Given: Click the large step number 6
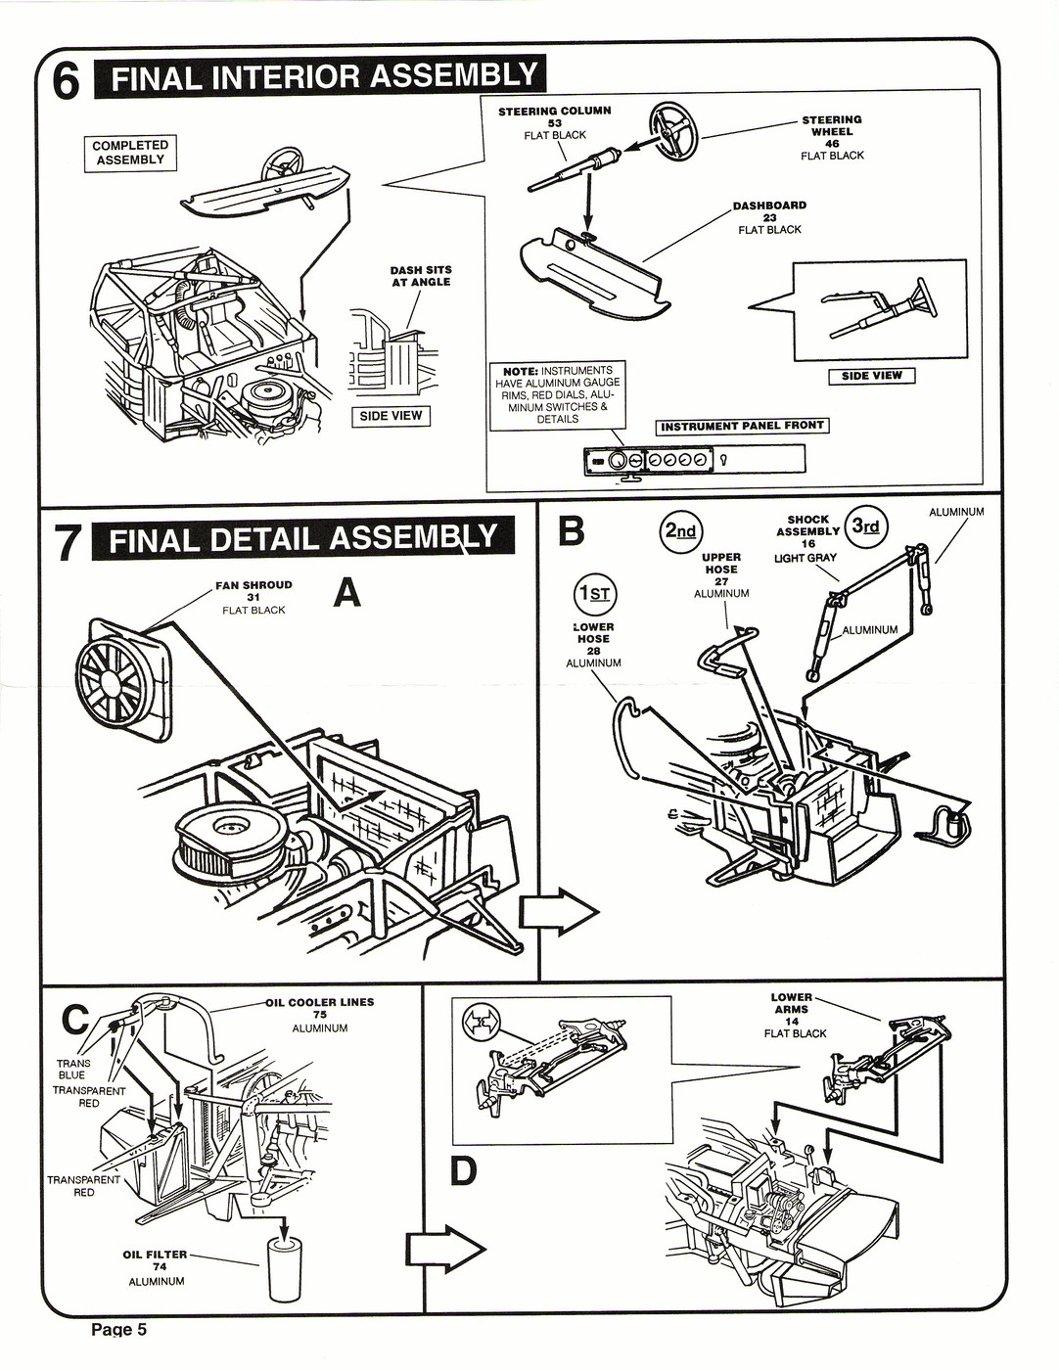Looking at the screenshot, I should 66,80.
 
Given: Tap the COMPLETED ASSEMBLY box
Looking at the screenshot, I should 130,153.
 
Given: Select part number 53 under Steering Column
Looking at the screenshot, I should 555,123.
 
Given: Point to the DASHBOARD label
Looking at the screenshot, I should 769,205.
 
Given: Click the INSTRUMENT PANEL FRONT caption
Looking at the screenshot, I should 743,427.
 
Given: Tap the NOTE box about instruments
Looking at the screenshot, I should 558,395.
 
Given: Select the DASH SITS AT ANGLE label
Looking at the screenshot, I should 420,276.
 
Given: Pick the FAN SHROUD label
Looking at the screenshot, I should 253,585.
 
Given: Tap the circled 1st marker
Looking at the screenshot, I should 594,593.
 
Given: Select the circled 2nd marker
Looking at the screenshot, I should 680,531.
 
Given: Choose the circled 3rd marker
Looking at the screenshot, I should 865,526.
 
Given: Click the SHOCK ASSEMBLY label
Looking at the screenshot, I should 807,526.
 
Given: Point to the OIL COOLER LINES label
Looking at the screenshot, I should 319,1002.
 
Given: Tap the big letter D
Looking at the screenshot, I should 463,1170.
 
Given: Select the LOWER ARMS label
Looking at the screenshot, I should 792,1003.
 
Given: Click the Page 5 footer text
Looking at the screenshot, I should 118,1329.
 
